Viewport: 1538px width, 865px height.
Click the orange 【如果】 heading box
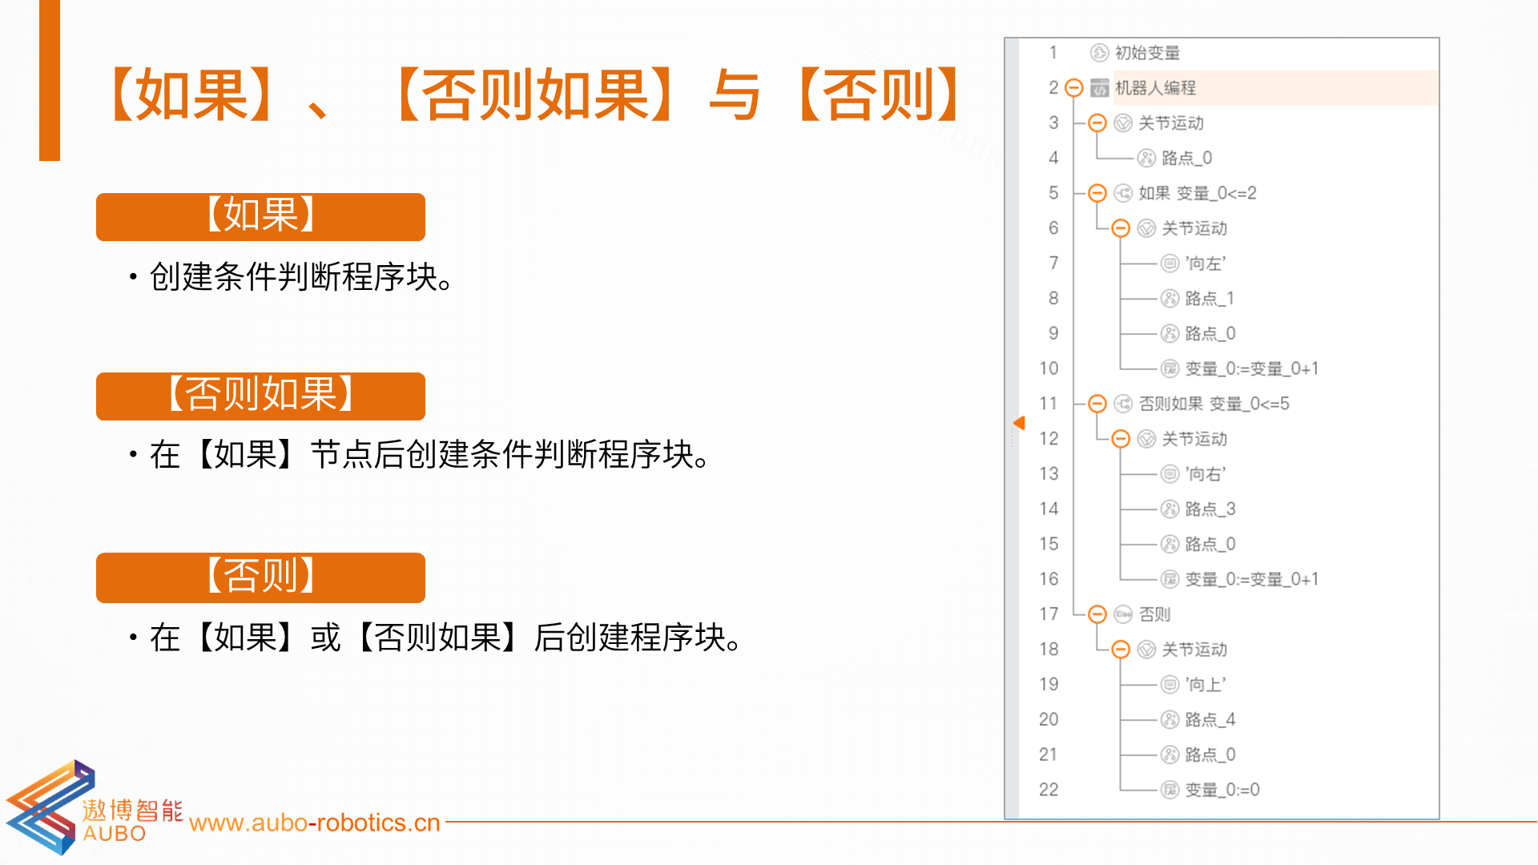pos(260,216)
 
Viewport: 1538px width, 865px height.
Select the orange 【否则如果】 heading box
pos(260,396)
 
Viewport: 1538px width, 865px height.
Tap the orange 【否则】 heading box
pos(260,577)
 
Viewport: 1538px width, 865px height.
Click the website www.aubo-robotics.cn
pos(315,823)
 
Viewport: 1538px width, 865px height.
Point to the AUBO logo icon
pos(50,807)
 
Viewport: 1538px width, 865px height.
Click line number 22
pos(1049,790)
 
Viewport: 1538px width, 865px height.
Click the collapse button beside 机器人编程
pos(1075,88)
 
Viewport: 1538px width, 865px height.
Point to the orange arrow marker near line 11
pos(1019,423)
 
